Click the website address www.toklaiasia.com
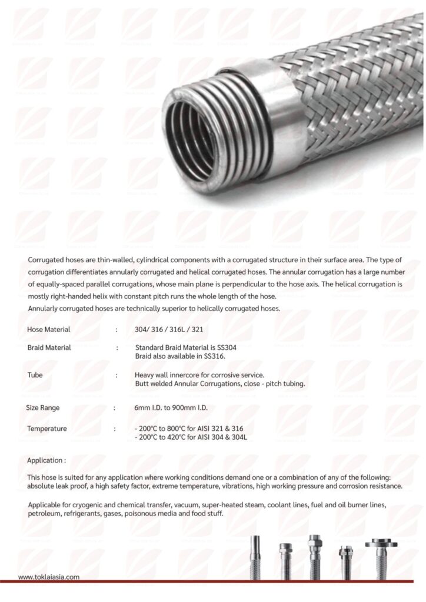click(48, 577)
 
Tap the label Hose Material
click(49, 329)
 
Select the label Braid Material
click(49, 347)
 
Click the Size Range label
click(42, 407)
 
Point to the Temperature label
click(46, 429)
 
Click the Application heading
click(46, 460)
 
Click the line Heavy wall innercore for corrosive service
click(199, 374)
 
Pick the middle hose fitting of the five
click(314, 556)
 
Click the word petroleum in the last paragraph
click(45, 513)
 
